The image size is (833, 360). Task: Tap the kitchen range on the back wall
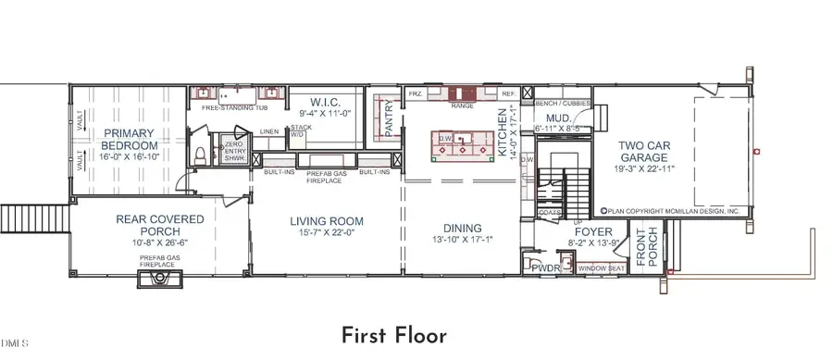(x=462, y=94)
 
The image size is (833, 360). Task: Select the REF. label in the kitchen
(x=508, y=94)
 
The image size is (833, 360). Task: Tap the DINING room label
(x=462, y=228)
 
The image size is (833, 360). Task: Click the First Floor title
(x=395, y=334)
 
